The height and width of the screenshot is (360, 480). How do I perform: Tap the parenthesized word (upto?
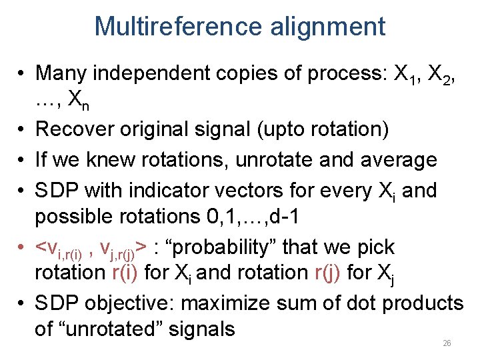[x=299, y=129]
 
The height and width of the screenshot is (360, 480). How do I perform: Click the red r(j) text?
[x=337, y=273]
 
